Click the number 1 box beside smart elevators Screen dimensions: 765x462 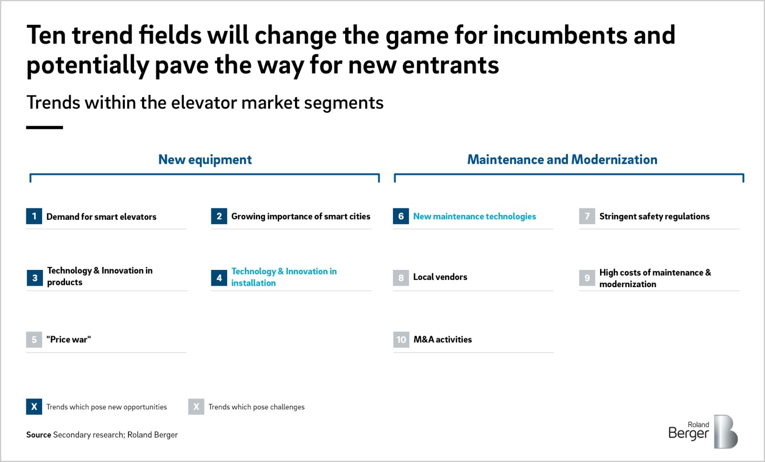tap(34, 216)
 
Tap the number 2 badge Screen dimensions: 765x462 tap(219, 216)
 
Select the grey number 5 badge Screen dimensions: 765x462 tap(34, 340)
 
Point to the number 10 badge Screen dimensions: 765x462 tap(401, 340)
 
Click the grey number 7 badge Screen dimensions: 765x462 tap(587, 216)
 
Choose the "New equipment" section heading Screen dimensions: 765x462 tap(205, 160)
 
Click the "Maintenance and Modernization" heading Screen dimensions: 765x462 tap(562, 160)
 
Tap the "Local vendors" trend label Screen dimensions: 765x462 tap(440, 277)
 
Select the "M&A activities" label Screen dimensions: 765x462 tap(443, 340)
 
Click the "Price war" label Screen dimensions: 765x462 tap(69, 340)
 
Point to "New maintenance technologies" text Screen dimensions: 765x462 tap(475, 216)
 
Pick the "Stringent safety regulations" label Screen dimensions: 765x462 tap(655, 216)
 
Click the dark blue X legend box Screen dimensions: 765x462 tap(34, 407)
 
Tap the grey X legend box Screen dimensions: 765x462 tap(196, 407)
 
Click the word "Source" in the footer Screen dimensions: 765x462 tap(39, 435)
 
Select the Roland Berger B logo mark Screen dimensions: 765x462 tap(726, 431)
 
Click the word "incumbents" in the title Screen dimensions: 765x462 tap(560, 35)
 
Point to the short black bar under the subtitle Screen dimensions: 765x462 tap(44, 128)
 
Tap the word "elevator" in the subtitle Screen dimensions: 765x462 tap(204, 102)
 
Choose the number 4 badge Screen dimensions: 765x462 tap(219, 278)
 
